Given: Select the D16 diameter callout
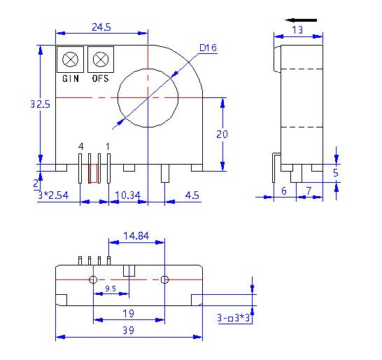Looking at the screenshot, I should point(208,48).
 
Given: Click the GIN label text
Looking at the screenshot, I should point(70,79).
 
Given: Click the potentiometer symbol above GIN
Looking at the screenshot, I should point(70,59).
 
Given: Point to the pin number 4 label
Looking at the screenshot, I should point(81,146).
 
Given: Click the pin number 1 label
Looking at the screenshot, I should point(107,146).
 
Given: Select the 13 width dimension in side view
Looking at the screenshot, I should point(297,29).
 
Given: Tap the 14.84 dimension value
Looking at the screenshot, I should point(137,236).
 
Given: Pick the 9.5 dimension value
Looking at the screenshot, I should point(110,288).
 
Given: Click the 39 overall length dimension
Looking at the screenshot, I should point(129,329).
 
